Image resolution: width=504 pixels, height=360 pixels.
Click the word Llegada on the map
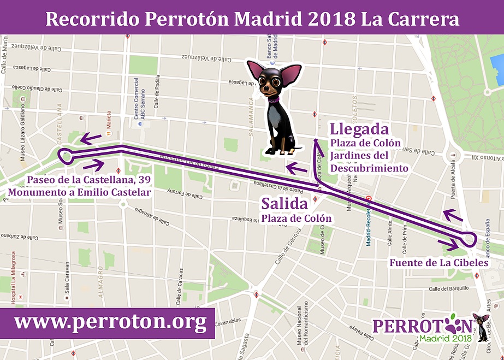click(359, 129)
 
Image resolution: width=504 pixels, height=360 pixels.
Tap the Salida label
click(284, 204)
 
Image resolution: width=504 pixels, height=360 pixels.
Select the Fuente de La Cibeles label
click(438, 263)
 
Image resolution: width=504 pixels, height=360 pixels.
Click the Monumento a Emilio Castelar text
click(79, 192)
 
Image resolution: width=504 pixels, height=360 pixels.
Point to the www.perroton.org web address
click(110, 322)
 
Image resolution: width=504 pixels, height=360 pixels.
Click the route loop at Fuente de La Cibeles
click(469, 239)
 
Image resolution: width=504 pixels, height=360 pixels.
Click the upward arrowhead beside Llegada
click(316, 143)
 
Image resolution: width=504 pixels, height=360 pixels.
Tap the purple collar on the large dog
click(272, 99)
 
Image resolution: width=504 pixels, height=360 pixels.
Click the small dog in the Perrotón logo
click(481, 327)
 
